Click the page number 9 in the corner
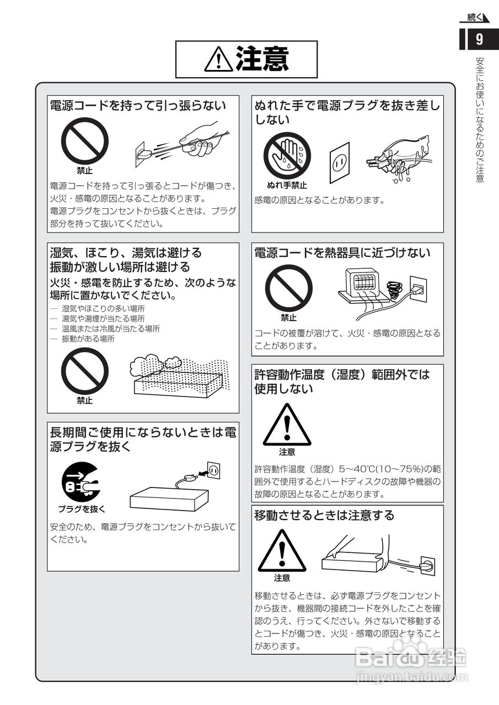point(479,40)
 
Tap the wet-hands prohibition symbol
point(287,155)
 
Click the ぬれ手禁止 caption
point(287,186)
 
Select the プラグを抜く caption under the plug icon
point(82,508)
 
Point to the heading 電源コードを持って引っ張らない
point(137,105)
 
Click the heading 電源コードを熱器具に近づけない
point(342,253)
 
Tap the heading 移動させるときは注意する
point(324,515)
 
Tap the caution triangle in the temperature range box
point(287,426)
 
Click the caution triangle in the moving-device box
point(282,551)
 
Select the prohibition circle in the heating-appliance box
point(288,288)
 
